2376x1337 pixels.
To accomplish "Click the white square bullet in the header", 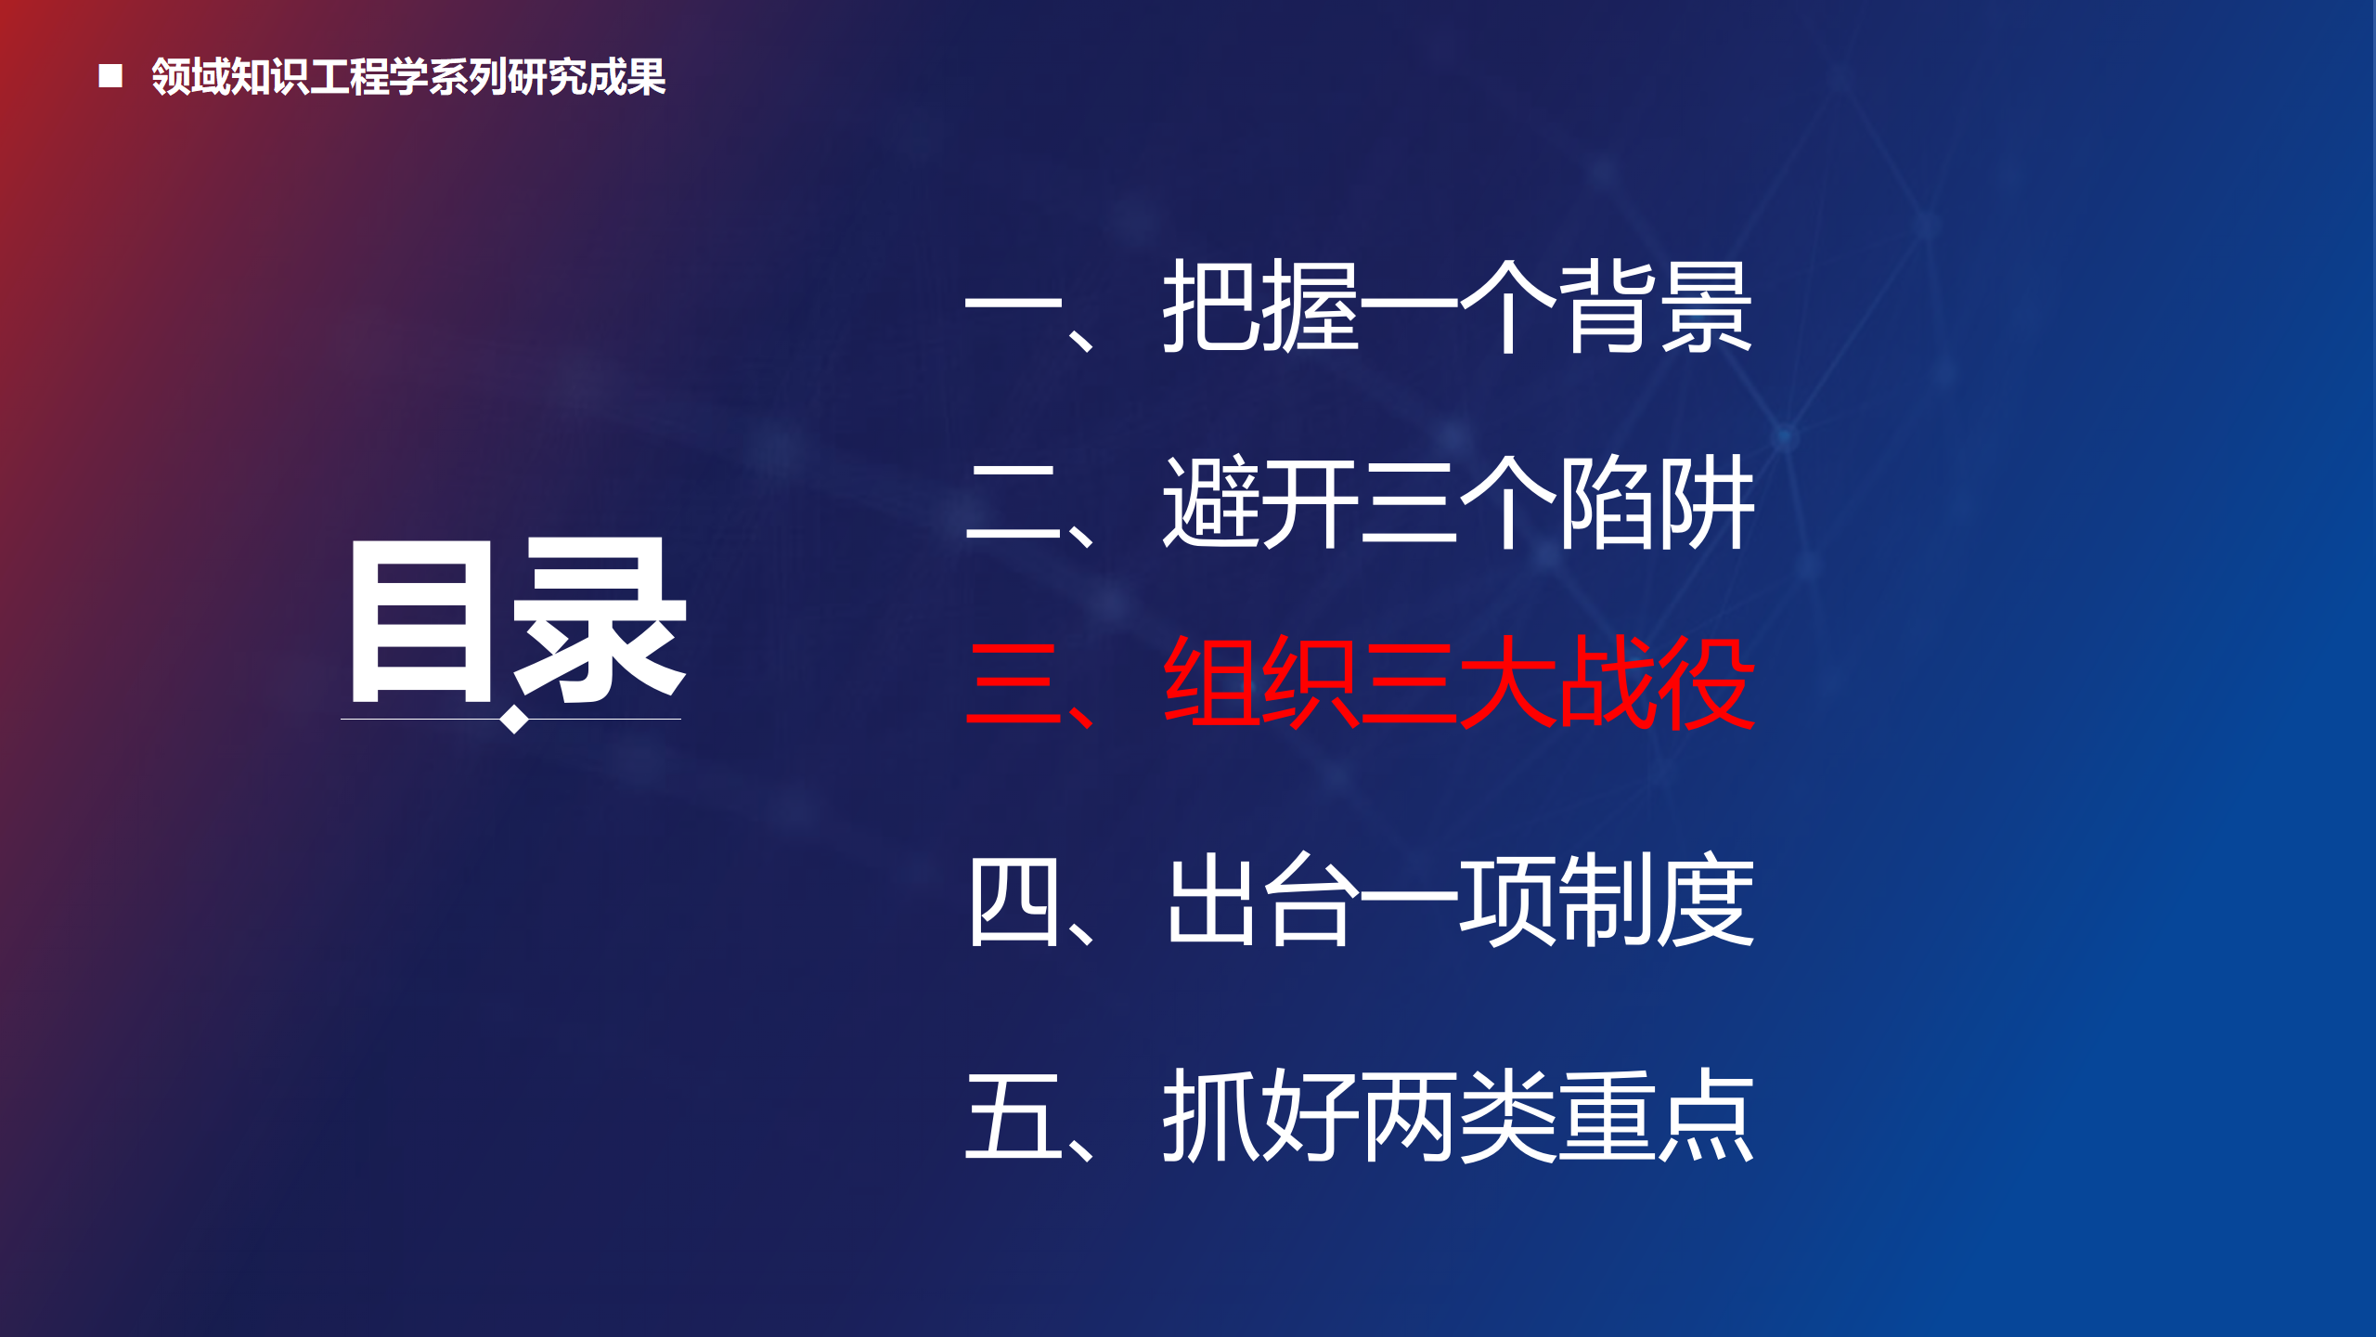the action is coord(110,76).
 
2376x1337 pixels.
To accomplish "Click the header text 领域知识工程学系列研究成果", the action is coord(408,76).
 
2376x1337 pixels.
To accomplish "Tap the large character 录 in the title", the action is coord(600,620).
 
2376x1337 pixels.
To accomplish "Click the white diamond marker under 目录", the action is coord(514,719).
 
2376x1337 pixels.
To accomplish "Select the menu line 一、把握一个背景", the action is coord(1359,306).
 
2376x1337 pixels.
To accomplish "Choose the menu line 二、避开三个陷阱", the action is coord(1360,502).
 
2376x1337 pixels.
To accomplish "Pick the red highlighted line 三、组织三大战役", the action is coord(1360,683).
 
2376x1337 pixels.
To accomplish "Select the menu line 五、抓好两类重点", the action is coord(1359,1114).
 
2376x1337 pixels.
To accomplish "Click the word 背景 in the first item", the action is coord(1656,306).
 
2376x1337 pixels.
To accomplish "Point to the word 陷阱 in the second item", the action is coord(1657,502).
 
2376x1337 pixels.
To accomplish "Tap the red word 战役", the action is coord(1657,683).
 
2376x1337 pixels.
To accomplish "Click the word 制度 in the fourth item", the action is coord(1657,900).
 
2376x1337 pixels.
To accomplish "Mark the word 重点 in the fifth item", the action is coord(1656,1114).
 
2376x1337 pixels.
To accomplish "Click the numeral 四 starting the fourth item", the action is coord(1014,902).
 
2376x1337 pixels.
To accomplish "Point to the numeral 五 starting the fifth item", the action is coord(1014,1115).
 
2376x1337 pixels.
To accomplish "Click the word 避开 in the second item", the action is coord(1261,502).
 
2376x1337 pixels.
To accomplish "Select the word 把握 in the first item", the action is coord(1261,306).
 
